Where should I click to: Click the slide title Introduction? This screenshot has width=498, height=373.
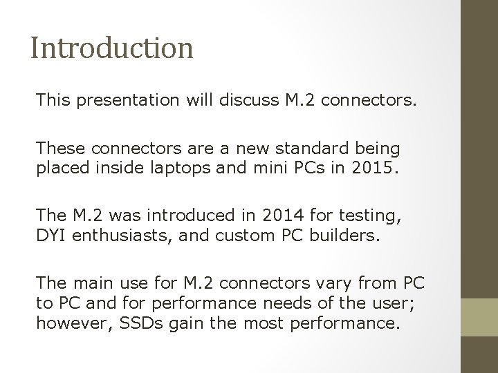point(112,48)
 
